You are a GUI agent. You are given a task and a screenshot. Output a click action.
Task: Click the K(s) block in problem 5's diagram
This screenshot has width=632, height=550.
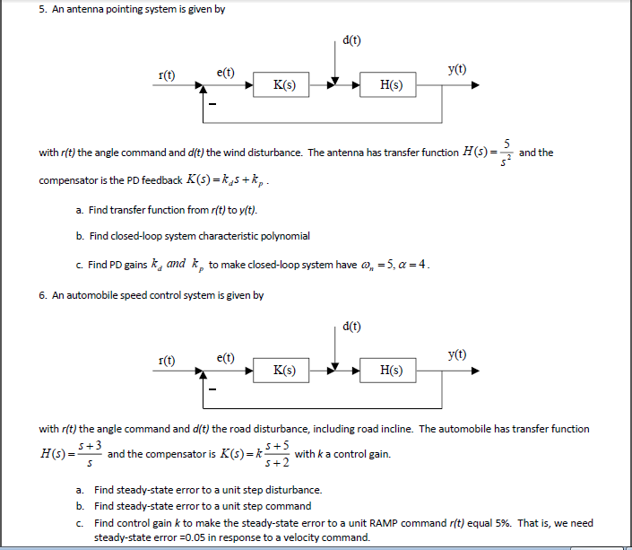[283, 86]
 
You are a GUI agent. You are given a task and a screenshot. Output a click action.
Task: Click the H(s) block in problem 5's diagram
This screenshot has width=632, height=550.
[391, 86]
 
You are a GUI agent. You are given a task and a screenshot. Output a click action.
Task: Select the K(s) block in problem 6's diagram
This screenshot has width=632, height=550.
[283, 370]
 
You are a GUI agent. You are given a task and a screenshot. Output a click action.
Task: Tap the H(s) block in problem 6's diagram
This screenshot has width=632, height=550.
[391, 370]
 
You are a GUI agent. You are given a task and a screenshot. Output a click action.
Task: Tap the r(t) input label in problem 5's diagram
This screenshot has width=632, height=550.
[167, 74]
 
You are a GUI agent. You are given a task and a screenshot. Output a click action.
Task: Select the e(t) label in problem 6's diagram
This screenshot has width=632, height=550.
[226, 356]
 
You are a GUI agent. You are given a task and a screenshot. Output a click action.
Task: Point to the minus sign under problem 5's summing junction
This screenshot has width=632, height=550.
[212, 107]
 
